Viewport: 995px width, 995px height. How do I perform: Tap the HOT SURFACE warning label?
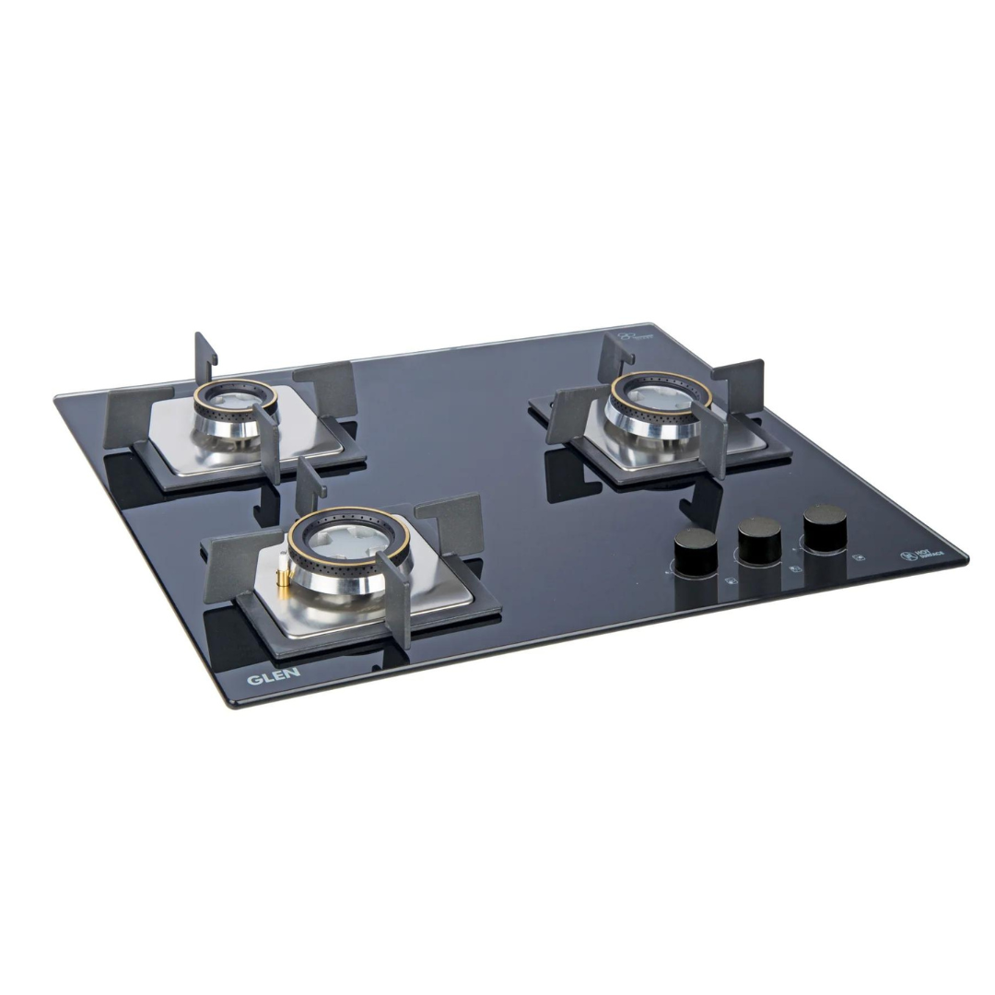tap(910, 556)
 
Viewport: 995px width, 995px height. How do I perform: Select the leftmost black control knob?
tap(696, 550)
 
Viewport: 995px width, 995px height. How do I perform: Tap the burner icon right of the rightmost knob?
tap(859, 556)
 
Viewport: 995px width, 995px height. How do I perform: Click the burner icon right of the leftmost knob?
tap(731, 581)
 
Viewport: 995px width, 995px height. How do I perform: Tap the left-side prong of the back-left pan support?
tap(126, 416)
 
